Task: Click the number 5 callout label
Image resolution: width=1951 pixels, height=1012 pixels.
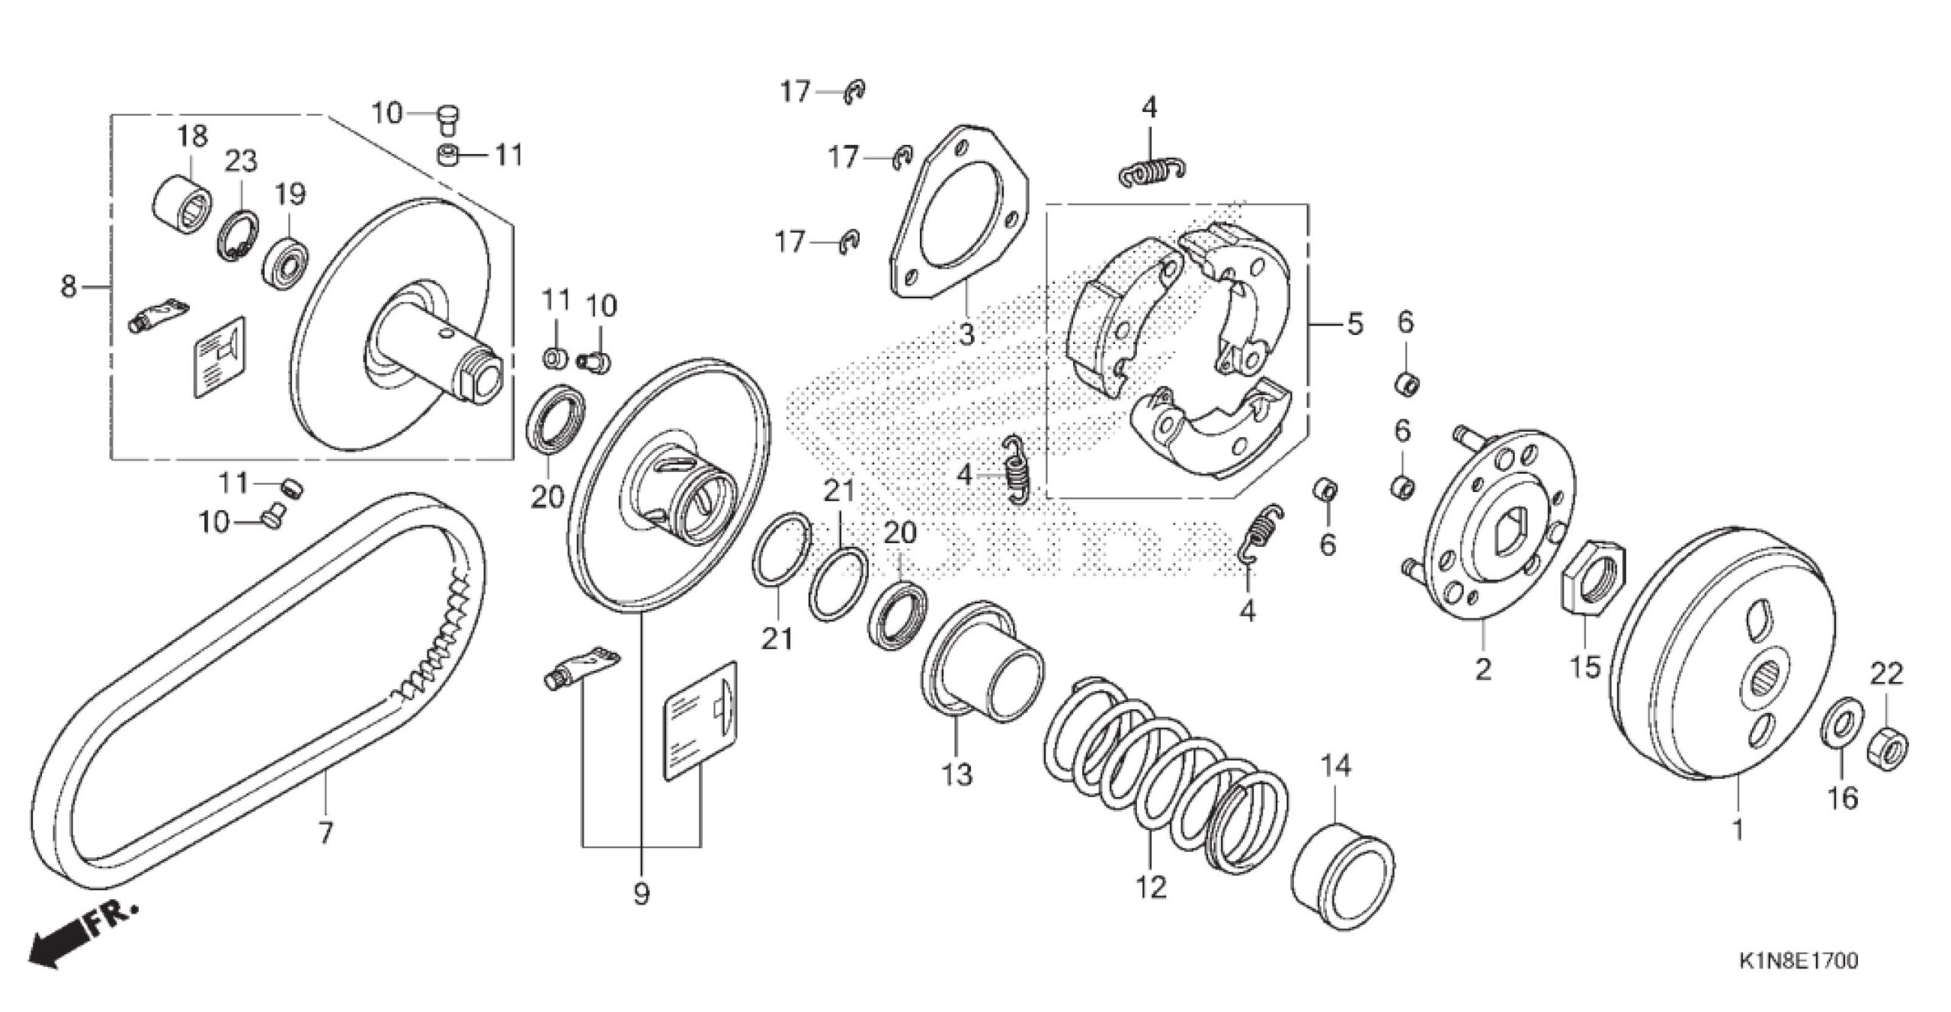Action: click(1354, 325)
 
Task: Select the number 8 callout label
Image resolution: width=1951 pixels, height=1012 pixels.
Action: click(69, 288)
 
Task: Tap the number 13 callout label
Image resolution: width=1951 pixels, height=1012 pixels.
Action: click(957, 774)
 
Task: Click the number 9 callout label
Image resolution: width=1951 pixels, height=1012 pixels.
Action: click(641, 893)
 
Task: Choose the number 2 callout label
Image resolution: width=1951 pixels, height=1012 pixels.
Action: click(1482, 669)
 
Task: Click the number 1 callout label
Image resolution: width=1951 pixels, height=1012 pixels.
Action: click(1738, 830)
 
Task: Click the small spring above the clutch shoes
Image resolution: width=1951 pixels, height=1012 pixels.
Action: click(1150, 175)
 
